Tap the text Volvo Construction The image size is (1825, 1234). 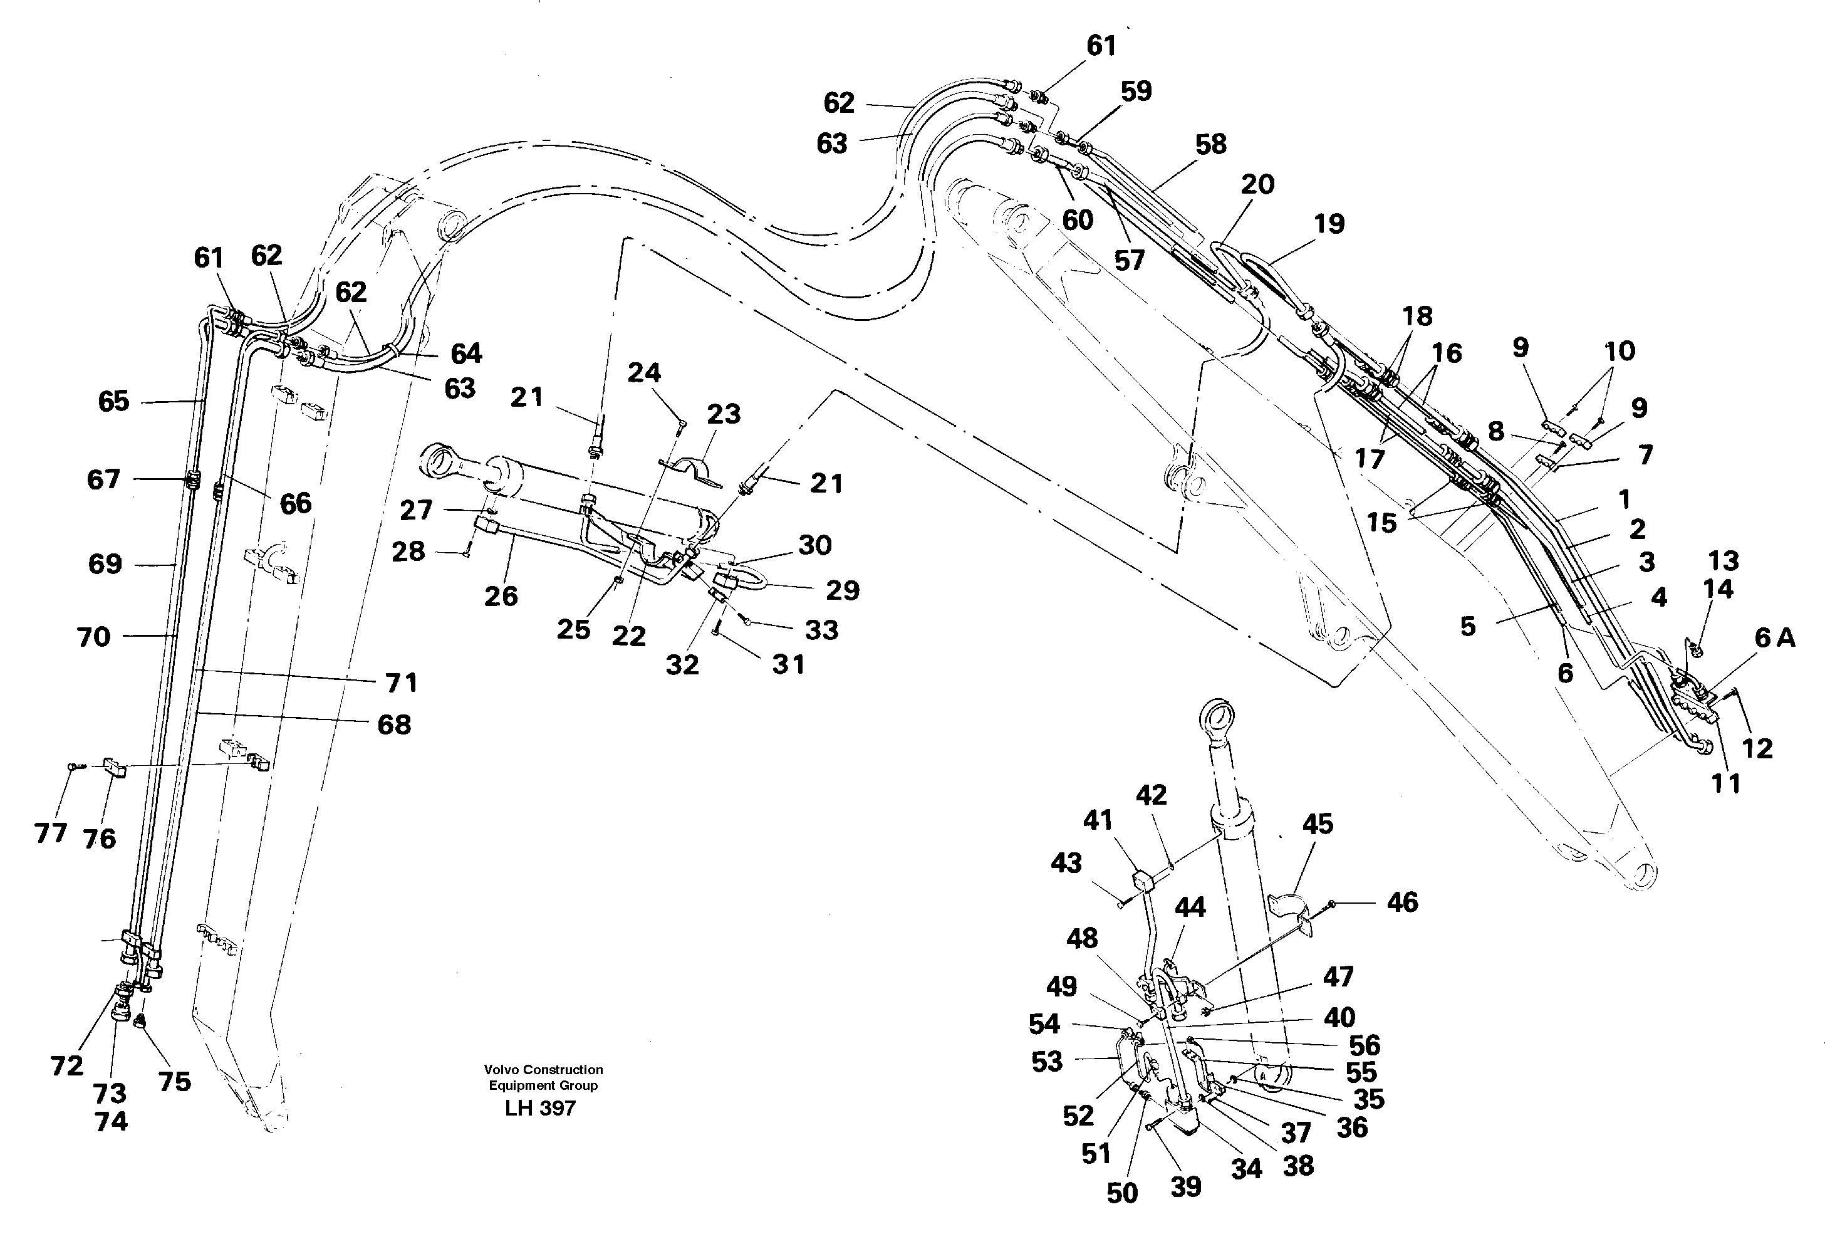(543, 1069)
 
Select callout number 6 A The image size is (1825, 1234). (1774, 639)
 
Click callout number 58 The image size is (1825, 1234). (1210, 145)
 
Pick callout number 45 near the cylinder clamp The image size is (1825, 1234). (1318, 824)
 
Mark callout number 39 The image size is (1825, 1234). (1186, 1186)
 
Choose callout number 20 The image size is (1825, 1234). (1257, 185)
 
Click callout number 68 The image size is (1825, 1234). (393, 724)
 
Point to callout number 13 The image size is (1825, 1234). (1723, 561)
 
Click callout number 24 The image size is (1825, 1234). (644, 372)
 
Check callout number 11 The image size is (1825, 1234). (1726, 783)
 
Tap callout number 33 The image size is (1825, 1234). (821, 629)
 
